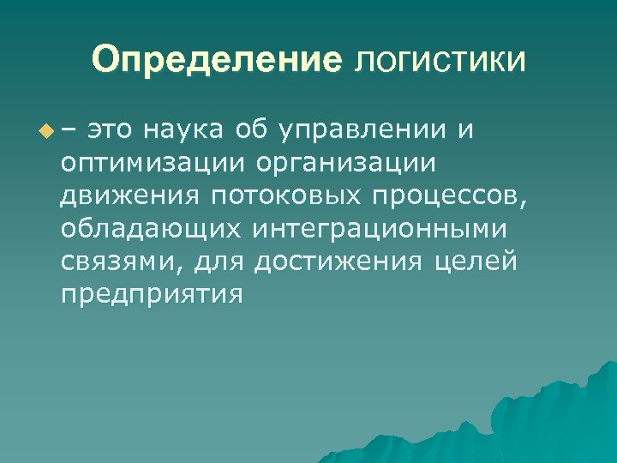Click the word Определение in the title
pos(218,61)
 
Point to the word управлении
pos(362,131)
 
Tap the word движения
pos(129,196)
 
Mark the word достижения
pos(337,262)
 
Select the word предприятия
pos(152,295)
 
